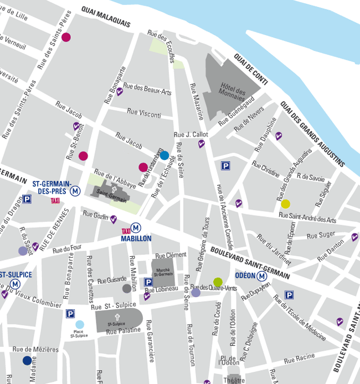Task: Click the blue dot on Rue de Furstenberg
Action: coord(164,155)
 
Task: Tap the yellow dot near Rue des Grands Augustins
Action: coord(285,204)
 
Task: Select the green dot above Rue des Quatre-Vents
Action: coord(218,282)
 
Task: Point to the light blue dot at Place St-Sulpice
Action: coord(80,325)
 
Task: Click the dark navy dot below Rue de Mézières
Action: coord(27,361)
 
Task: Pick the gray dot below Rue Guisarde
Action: coord(127,288)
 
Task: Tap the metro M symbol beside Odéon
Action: coord(262,276)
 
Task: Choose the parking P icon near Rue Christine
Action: coord(225,165)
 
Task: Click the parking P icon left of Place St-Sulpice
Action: coord(70,314)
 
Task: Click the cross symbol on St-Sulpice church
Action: coord(117,316)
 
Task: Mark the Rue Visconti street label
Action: coord(143,113)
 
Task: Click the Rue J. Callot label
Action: coord(191,134)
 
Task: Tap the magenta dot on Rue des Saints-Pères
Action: coord(66,38)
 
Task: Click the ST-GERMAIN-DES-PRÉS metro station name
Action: coord(52,187)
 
